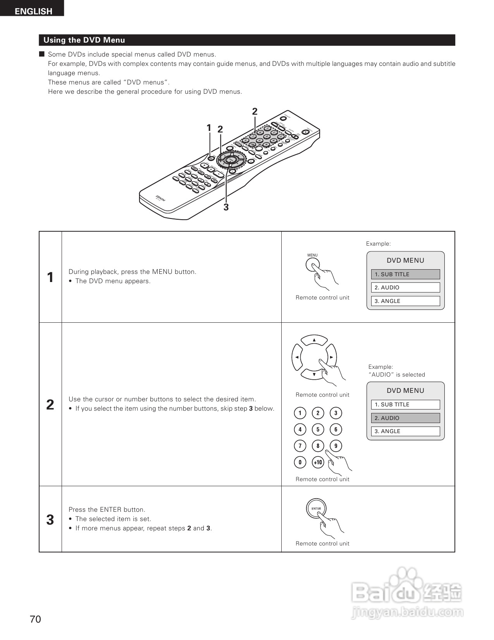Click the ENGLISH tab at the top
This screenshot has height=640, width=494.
(33, 11)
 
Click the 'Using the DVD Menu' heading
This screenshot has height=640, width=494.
(84, 40)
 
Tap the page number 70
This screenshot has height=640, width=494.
(35, 619)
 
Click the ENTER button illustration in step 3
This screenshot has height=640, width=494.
(316, 508)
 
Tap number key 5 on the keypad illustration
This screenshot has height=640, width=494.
(318, 429)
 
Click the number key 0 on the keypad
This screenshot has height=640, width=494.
(300, 462)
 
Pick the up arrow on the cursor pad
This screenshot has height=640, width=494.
(314, 340)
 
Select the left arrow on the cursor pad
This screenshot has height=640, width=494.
(297, 357)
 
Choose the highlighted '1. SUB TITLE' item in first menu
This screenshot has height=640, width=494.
(405, 274)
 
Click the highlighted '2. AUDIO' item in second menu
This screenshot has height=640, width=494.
(405, 418)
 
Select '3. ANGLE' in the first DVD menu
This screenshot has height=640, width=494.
(405, 301)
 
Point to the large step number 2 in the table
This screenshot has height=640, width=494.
(50, 404)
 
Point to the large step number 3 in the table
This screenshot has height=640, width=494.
(50, 520)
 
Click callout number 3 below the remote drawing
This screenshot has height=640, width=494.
(226, 207)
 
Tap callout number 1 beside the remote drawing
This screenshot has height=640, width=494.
(209, 128)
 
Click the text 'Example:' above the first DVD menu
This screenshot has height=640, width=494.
(378, 244)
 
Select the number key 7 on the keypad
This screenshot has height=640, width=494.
(300, 446)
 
